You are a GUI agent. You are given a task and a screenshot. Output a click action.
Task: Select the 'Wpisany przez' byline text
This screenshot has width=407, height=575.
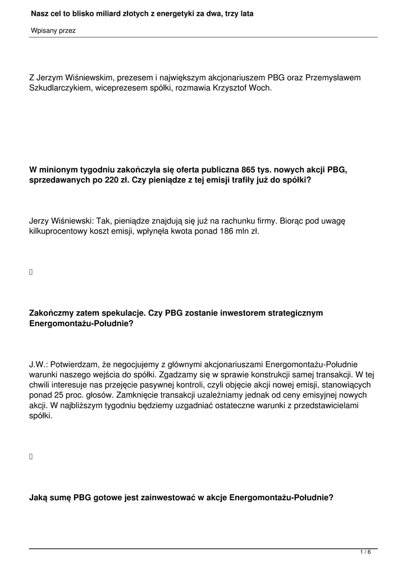point(53,31)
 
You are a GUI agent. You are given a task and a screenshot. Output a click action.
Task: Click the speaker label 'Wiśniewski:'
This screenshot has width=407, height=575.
point(75,221)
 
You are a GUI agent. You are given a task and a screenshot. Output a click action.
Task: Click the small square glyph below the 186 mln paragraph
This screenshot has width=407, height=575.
point(31,272)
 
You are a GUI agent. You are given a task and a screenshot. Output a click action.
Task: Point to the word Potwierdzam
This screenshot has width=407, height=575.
point(72,364)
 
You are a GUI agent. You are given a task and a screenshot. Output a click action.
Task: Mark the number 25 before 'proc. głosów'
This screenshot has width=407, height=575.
point(56,395)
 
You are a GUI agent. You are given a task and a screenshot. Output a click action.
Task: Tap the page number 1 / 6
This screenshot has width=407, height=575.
point(365,553)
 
